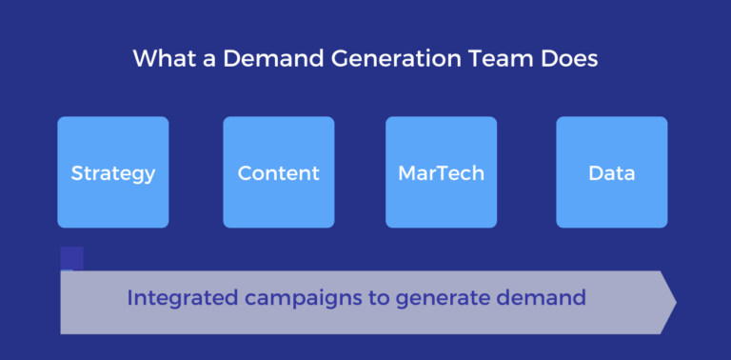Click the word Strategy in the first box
113,173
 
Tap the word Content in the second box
279,173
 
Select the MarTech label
441,173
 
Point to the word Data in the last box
612,173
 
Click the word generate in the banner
445,299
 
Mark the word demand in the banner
542,298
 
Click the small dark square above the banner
72,258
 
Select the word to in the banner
379,298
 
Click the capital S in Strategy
77,173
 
